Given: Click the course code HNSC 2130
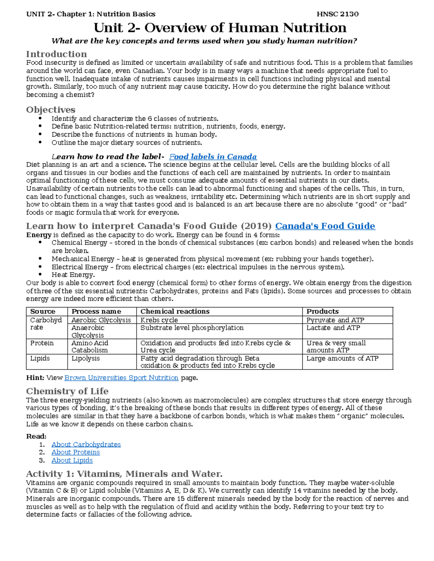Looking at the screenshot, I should point(337,14).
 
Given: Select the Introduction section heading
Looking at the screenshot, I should point(56,54).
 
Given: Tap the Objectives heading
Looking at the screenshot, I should point(51,110).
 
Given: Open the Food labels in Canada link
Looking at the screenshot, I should point(213,157).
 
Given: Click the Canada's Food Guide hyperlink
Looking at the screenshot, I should point(325,226).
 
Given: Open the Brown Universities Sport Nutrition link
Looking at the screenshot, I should point(121,378).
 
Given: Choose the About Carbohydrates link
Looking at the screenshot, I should point(86,444).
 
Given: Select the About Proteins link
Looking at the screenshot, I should point(75,452).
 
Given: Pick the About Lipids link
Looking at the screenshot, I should point(72,460).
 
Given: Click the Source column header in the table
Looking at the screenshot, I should point(43,311).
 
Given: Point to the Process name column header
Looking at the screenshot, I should point(96,311).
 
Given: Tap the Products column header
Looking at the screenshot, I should point(322,311).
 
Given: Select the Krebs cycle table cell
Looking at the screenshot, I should point(159,320).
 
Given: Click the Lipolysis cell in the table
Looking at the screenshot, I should point(85,358).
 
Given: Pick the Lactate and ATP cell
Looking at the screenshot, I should point(333,328).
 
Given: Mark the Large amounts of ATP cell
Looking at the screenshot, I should point(342,358).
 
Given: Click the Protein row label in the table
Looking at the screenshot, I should point(42,343).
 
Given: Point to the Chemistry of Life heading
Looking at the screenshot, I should point(67,391).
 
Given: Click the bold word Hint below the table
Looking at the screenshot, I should point(35,378).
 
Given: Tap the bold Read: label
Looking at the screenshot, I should point(36,436).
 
